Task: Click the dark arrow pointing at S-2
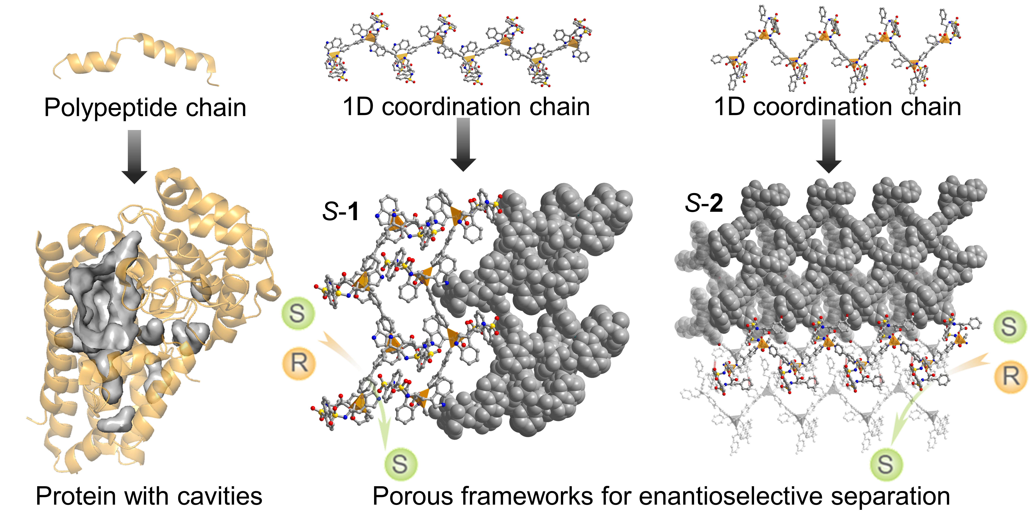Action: click(829, 146)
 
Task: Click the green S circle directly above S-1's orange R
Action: click(298, 313)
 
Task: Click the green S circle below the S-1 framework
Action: click(400, 464)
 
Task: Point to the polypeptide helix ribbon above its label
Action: click(136, 56)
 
